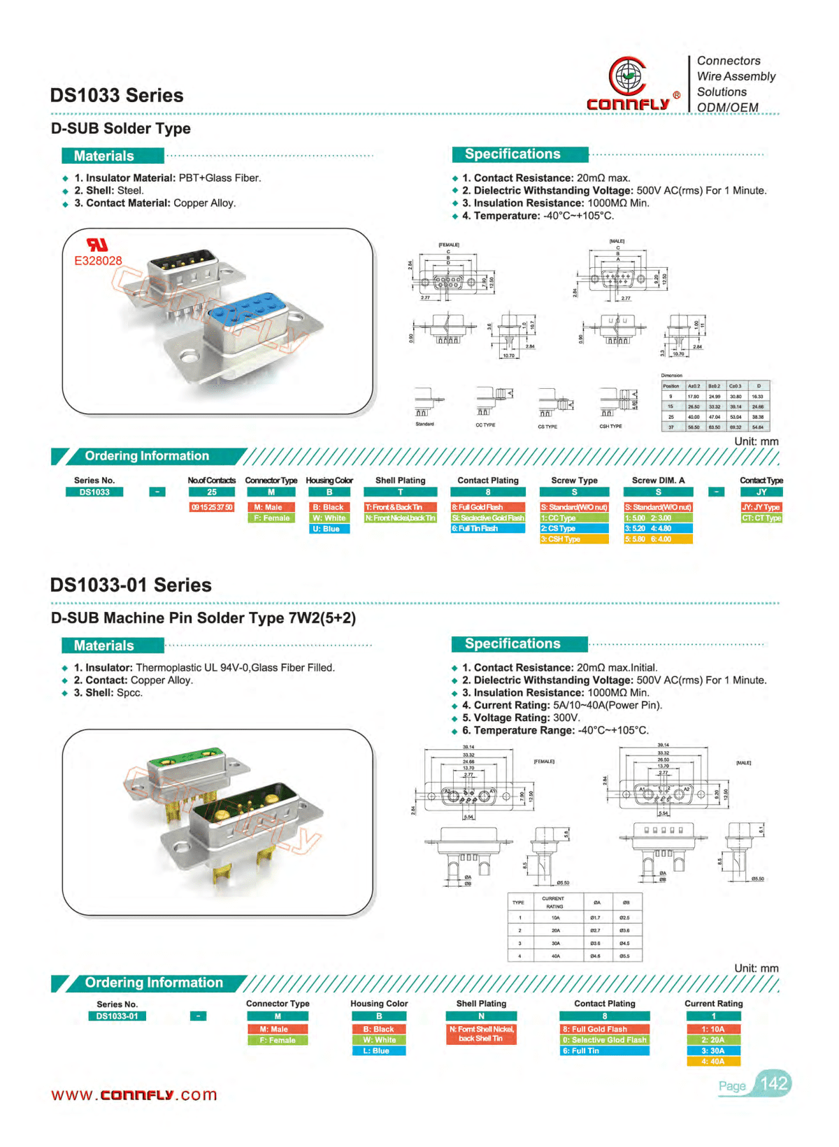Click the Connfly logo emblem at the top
[626, 76]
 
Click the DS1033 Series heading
[117, 95]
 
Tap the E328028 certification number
[98, 261]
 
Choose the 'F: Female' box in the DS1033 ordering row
[271, 518]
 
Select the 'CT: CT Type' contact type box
[761, 518]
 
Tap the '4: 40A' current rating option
[713, 1062]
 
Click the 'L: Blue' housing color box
[379, 1050]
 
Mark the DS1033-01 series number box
[117, 1016]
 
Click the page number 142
[774, 1084]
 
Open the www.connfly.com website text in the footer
[134, 1095]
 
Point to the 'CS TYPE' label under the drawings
[547, 427]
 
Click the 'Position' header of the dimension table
[671, 386]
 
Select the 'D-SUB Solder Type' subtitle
[121, 129]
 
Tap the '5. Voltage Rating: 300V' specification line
[521, 718]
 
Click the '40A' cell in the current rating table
[555, 955]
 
